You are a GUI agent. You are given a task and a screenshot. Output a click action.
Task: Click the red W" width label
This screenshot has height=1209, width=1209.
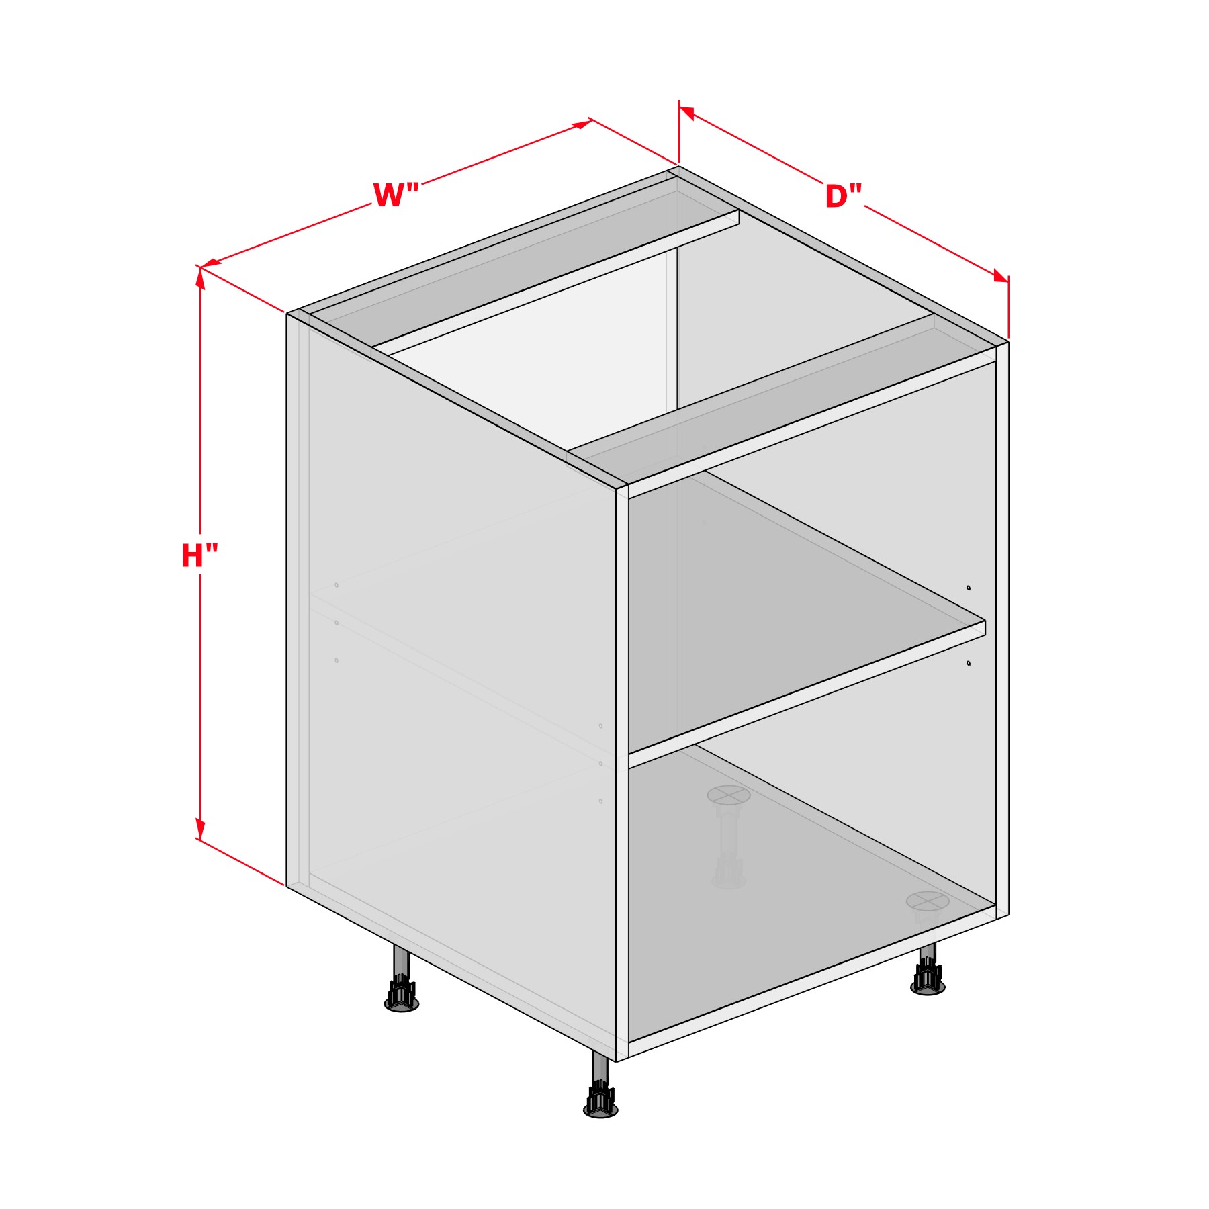pyautogui.click(x=396, y=195)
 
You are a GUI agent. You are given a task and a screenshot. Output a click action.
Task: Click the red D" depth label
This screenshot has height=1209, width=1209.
pyautogui.click(x=843, y=197)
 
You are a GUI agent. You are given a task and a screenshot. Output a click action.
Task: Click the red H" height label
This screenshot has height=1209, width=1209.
pyautogui.click(x=199, y=556)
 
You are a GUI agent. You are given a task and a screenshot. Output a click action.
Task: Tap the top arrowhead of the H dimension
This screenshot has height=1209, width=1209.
pyautogui.click(x=200, y=277)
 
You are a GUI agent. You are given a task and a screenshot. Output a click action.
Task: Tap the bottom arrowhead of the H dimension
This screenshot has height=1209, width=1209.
pyautogui.click(x=200, y=828)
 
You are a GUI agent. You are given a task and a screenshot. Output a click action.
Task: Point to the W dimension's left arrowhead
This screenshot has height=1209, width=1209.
pyautogui.click(x=211, y=263)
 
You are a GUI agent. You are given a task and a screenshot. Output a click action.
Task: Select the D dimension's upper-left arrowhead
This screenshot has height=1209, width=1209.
pyautogui.click(x=687, y=112)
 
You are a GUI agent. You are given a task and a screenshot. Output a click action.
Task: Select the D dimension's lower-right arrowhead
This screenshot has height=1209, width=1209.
pyautogui.click(x=1001, y=276)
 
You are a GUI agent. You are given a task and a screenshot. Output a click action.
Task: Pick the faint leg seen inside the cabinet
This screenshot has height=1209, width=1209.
pyautogui.click(x=728, y=836)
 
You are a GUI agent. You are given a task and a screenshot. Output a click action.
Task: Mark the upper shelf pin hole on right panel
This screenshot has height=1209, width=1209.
pyautogui.click(x=969, y=588)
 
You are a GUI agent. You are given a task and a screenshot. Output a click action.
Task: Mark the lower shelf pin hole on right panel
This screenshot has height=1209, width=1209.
pyautogui.click(x=969, y=663)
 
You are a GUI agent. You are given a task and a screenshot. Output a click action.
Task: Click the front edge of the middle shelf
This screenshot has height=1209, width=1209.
pyautogui.click(x=807, y=694)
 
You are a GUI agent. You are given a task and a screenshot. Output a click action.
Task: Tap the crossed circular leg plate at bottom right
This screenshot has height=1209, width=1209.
pyautogui.click(x=927, y=901)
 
